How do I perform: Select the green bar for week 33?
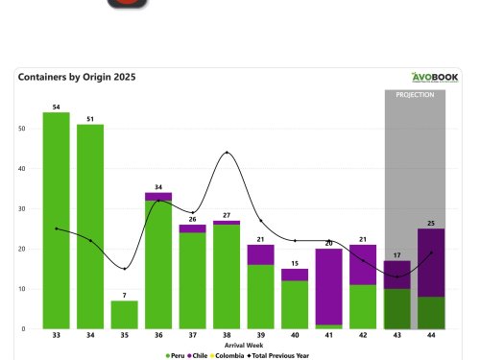click(x=56, y=221)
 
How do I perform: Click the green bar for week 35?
click(x=124, y=315)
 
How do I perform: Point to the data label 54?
click(x=56, y=107)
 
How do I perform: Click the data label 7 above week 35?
click(x=124, y=295)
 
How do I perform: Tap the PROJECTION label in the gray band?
click(x=415, y=95)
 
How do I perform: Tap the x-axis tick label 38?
click(x=227, y=336)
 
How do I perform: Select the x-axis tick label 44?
click(x=431, y=336)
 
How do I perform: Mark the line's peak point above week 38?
click(x=227, y=153)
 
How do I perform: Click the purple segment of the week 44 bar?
click(x=431, y=262)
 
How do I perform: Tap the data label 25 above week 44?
click(x=431, y=223)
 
